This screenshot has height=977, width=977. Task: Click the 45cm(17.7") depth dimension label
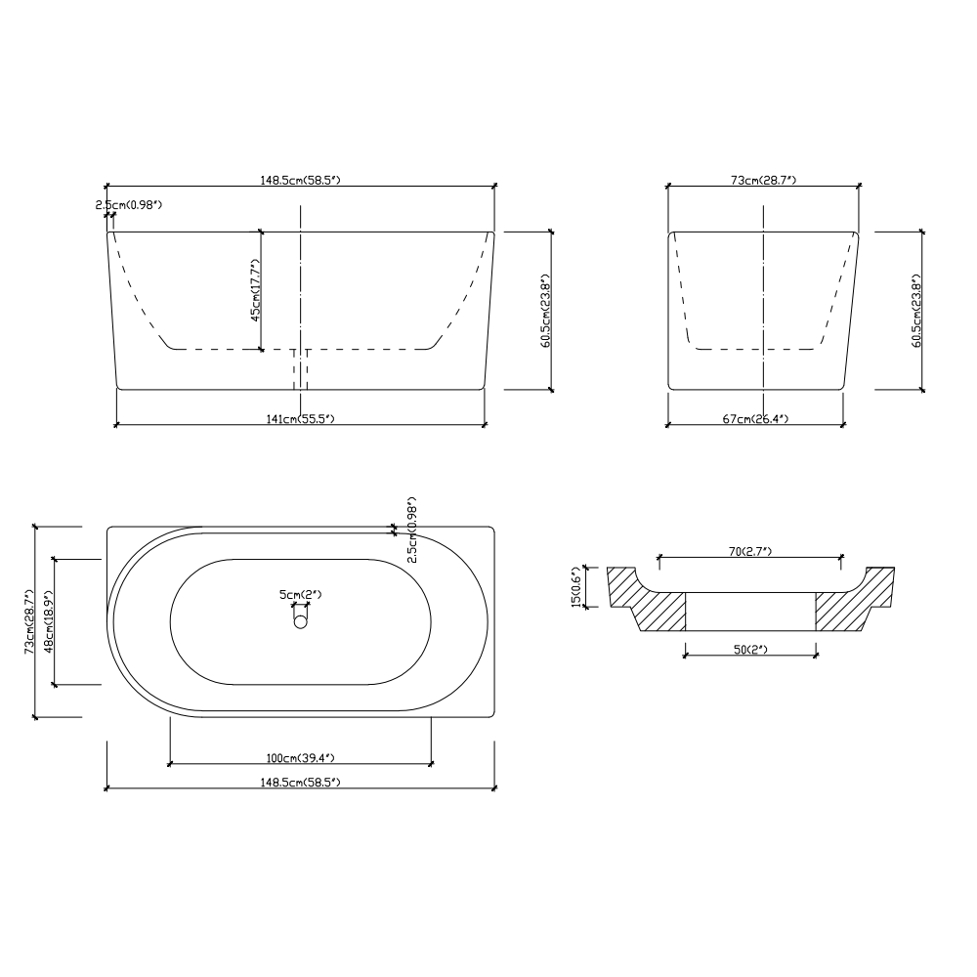tap(255, 290)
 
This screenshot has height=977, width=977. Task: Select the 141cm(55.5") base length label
tap(300, 419)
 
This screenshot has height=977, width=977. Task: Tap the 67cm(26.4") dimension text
tap(755, 419)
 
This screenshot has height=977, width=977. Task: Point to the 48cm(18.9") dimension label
tap(49, 621)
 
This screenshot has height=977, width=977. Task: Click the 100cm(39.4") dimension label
tap(300, 758)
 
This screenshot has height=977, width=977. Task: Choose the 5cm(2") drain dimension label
tap(300, 594)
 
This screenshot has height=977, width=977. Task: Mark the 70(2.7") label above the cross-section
tap(750, 551)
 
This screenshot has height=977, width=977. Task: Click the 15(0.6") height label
tap(576, 587)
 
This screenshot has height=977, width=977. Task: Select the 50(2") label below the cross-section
tap(750, 650)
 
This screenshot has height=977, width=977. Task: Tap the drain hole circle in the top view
tap(300, 621)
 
